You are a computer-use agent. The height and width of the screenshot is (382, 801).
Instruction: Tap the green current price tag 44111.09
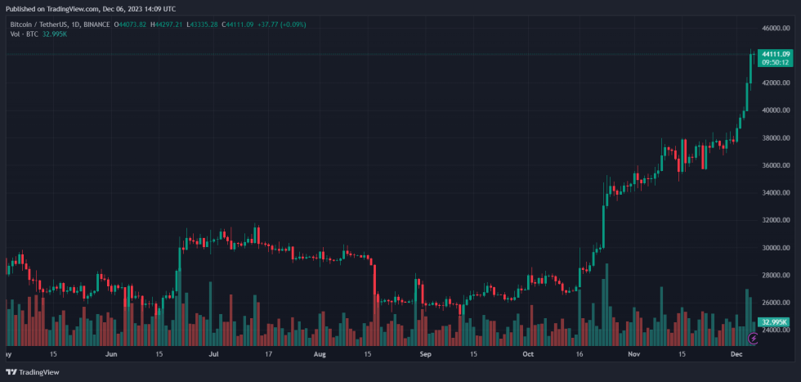pyautogui.click(x=775, y=54)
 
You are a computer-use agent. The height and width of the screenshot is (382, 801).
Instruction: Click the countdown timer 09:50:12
pyautogui.click(x=775, y=62)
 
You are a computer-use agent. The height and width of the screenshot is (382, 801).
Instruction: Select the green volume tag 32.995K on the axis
pyautogui.click(x=774, y=323)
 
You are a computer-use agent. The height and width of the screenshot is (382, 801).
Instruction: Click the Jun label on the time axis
pyautogui.click(x=111, y=356)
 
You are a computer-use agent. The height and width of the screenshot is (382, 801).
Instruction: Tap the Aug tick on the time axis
pyautogui.click(x=320, y=356)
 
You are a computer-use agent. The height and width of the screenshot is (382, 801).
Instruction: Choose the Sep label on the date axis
pyautogui.click(x=425, y=356)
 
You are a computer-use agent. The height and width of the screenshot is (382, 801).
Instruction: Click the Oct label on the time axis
pyautogui.click(x=528, y=356)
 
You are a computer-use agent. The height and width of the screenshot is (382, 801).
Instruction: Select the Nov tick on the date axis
pyautogui.click(x=634, y=356)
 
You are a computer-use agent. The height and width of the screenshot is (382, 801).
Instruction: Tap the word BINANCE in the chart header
pyautogui.click(x=100, y=25)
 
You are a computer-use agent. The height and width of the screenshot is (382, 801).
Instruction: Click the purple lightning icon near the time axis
pyautogui.click(x=754, y=338)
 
